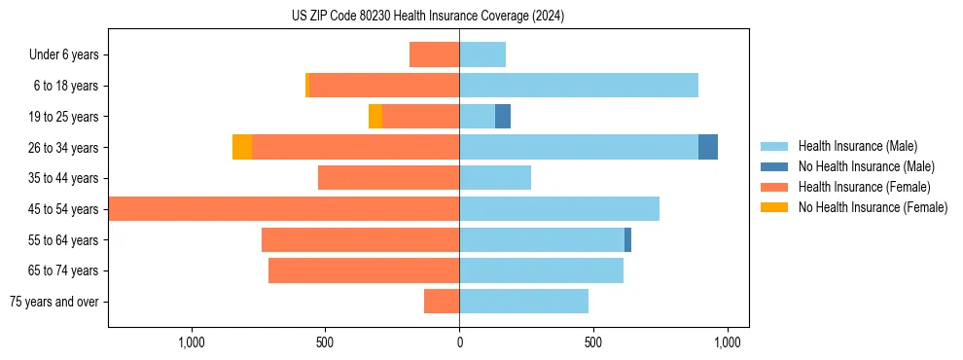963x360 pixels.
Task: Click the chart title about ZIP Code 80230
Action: pos(428,17)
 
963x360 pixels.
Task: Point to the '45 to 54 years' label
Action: pos(63,209)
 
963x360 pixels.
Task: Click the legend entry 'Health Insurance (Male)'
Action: pos(857,146)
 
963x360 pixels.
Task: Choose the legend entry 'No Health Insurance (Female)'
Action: pos(873,207)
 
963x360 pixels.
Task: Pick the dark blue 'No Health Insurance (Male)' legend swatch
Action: pos(774,166)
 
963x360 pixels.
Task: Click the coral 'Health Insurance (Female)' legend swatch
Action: pos(774,187)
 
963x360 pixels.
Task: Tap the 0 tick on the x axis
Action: pos(459,342)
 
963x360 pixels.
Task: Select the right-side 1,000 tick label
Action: pos(728,342)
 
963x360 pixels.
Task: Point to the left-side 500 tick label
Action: pos(325,342)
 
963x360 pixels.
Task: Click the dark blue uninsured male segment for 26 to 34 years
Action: pos(708,147)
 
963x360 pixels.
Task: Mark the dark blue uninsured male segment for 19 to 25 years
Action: pos(503,117)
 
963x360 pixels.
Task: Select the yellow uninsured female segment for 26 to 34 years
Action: pos(242,147)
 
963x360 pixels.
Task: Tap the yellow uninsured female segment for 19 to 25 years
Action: pos(375,117)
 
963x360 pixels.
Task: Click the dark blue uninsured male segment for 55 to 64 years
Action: pos(627,239)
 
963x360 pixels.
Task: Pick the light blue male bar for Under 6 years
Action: pos(482,55)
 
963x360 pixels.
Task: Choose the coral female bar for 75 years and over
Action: pos(442,302)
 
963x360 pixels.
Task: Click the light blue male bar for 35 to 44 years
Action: pos(495,178)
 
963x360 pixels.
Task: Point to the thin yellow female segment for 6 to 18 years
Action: pos(307,86)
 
